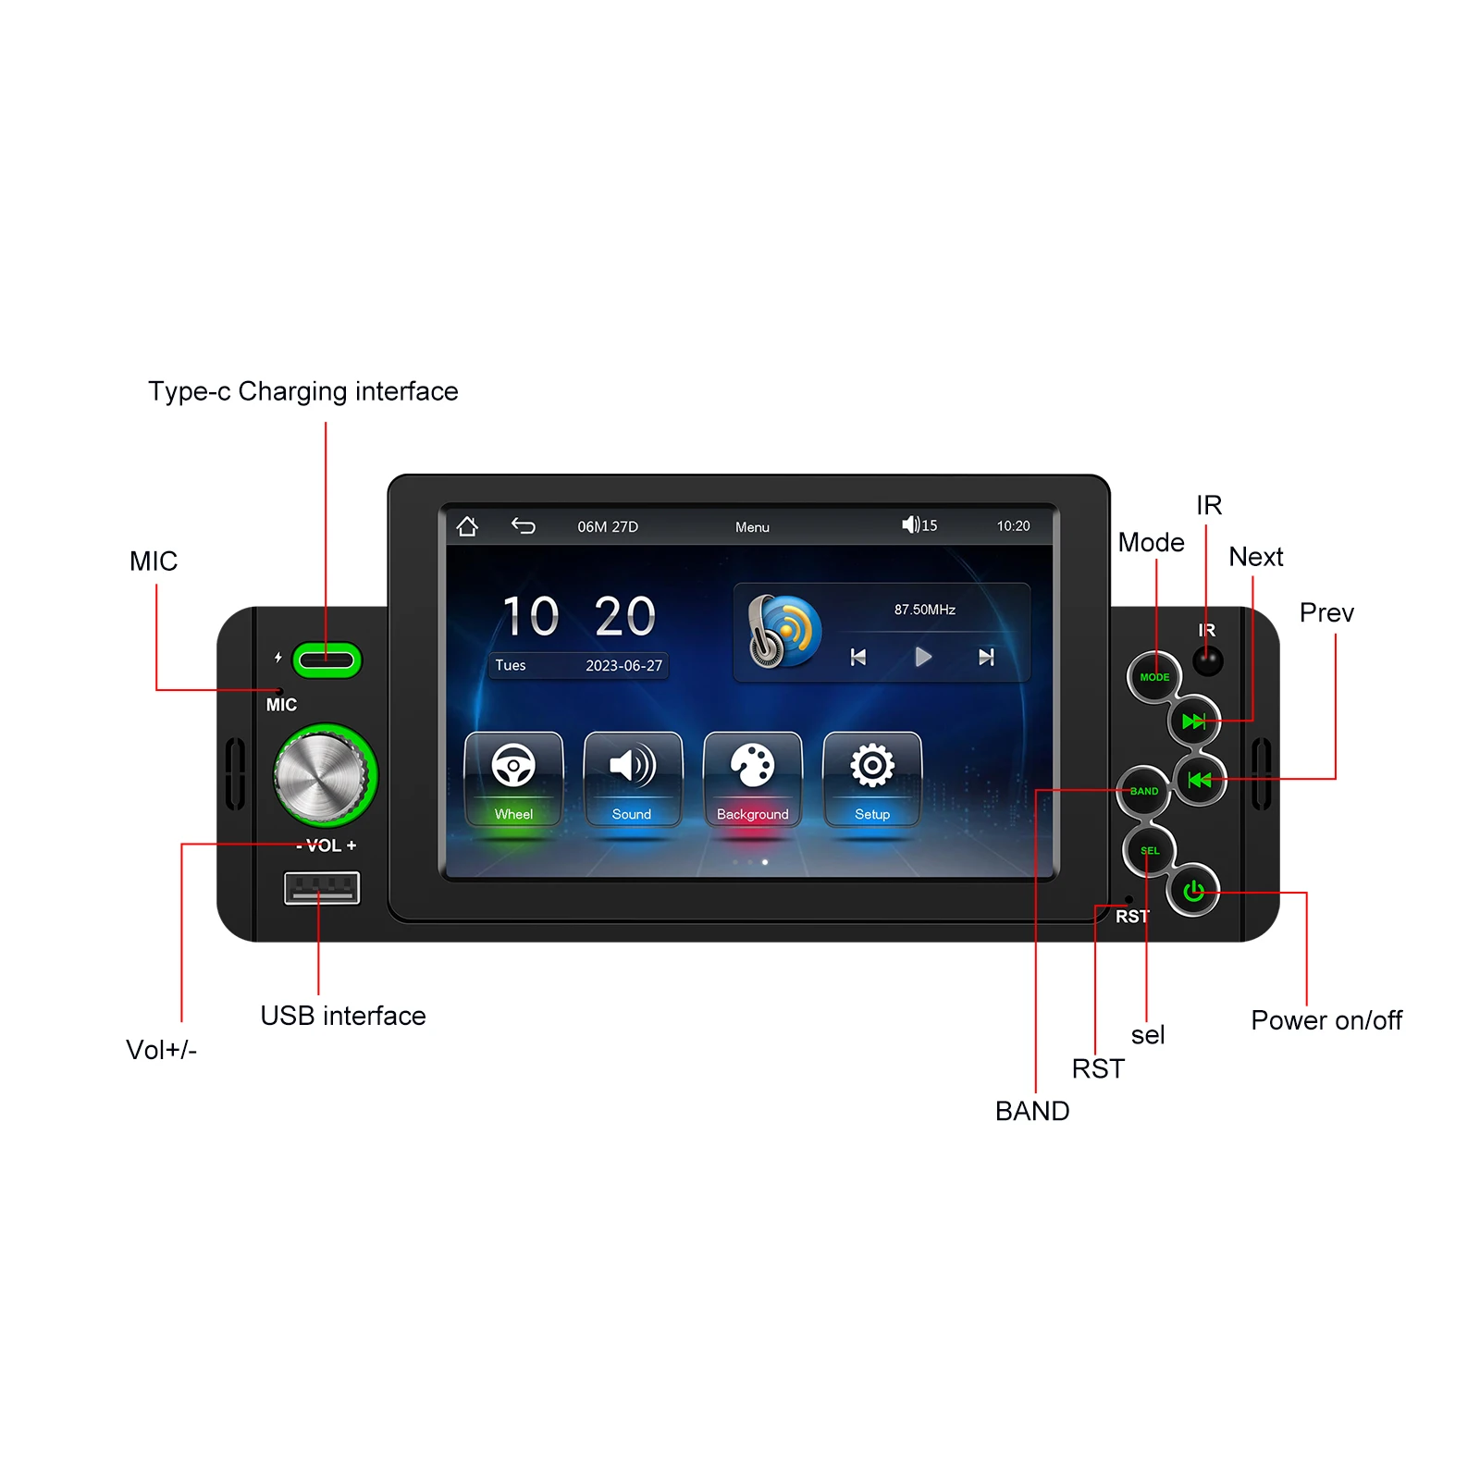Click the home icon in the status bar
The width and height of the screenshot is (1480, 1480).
(467, 526)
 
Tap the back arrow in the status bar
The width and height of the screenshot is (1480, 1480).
(524, 526)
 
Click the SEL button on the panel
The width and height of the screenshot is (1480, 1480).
(1149, 850)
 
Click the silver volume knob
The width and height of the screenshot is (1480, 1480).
(322, 776)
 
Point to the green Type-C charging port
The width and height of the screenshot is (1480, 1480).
(327, 660)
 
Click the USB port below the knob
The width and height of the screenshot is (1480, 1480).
(321, 888)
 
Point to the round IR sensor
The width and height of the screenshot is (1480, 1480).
(1207, 660)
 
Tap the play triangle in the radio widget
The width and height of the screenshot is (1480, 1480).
(922, 657)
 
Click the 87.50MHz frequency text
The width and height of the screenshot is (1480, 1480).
(924, 610)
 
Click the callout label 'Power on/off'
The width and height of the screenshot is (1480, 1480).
(1326, 1020)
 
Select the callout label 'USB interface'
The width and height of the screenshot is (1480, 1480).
(342, 1016)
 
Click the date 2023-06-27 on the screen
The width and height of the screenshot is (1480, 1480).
(623, 666)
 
